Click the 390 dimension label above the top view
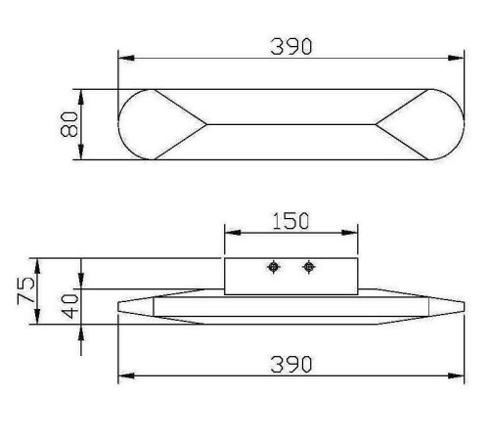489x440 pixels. pyautogui.click(x=291, y=47)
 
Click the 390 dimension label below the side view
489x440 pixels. pyautogui.click(x=291, y=365)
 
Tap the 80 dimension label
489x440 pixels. pyautogui.click(x=69, y=124)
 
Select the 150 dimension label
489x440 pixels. pyautogui.click(x=290, y=221)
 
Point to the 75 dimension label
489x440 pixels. pyautogui.click(x=25, y=290)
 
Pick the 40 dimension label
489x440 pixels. pyautogui.click(x=70, y=306)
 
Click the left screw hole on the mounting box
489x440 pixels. pyautogui.click(x=274, y=267)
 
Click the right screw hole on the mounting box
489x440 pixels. pyautogui.click(x=308, y=267)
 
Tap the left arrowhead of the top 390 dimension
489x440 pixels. pyautogui.click(x=126, y=58)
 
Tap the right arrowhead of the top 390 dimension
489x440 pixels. pyautogui.click(x=456, y=58)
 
